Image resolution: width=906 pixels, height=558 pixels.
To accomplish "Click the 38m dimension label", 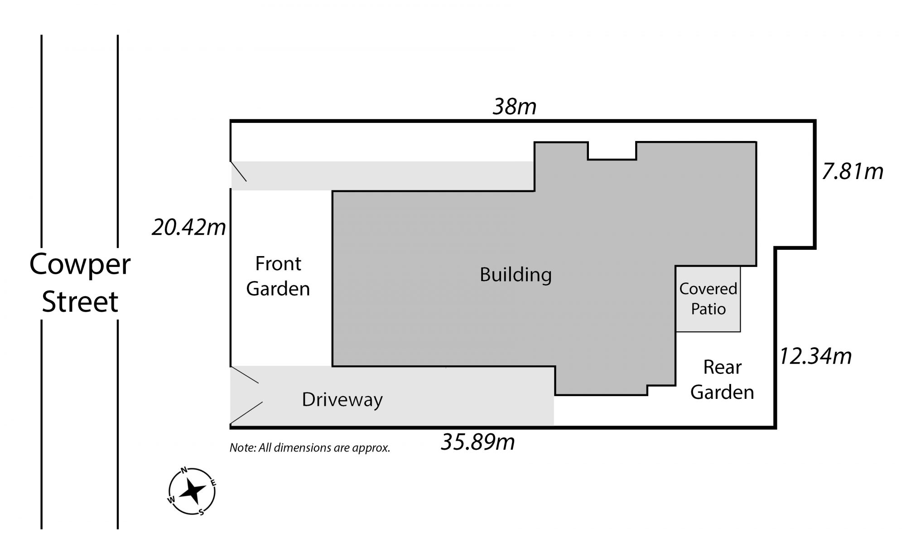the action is pos(514,107).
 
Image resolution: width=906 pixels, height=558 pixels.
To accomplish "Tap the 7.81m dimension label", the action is pos(853,172).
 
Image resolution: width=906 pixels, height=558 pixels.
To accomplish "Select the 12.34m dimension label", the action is pos(815,356).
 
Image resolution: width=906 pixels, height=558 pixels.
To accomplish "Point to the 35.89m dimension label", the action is pos(478,442).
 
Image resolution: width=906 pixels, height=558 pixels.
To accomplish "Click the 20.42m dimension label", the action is pos(189,227).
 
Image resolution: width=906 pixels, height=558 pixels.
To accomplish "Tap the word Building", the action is pos(516,275).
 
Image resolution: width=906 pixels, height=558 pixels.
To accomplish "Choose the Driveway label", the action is pos(342,400).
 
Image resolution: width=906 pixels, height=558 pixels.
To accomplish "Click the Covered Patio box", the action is pos(708,299).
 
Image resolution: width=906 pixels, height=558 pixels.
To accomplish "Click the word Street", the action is pos(80,302).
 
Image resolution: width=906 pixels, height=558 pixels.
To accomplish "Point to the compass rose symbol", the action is pos(192,491).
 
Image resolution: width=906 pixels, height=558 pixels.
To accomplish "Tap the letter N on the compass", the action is pos(184,470).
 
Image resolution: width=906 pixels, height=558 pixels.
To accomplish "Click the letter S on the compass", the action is pos(202,512).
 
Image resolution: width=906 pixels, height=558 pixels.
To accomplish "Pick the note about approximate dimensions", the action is pos(310,448).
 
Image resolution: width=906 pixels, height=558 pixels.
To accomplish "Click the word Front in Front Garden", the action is pos(278,263).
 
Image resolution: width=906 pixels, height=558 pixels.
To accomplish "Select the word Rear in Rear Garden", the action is pos(722,367).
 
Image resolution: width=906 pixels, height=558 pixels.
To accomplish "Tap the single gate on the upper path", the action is pos(239,171).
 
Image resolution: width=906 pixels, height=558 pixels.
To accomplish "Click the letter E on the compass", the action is pos(213,482).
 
